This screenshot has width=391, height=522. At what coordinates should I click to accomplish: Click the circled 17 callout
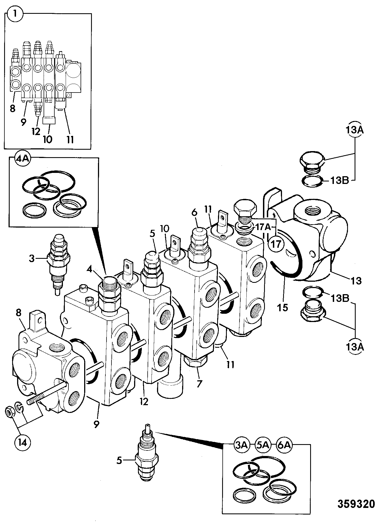click(x=276, y=244)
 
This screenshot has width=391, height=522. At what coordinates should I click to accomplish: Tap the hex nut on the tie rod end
click(x=10, y=413)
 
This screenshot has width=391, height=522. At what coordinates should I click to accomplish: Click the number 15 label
click(x=283, y=307)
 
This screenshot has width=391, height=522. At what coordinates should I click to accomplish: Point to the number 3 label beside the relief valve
click(x=32, y=259)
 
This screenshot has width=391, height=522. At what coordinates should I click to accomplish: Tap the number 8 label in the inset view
click(x=12, y=109)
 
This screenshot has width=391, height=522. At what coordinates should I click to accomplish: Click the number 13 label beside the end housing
click(x=356, y=281)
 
